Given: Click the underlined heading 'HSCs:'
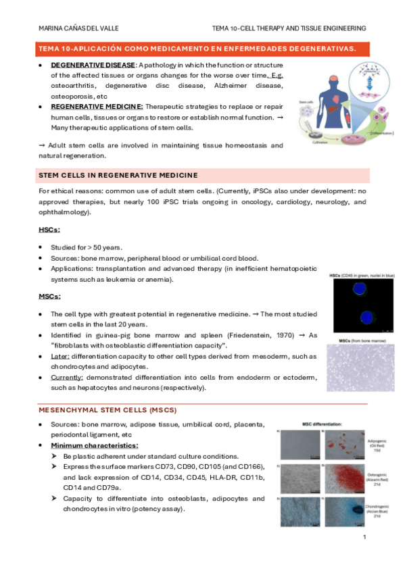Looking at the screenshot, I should pos(50,230).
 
